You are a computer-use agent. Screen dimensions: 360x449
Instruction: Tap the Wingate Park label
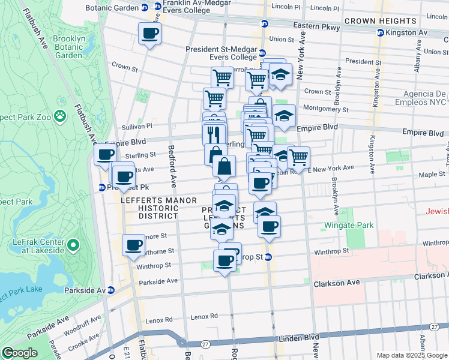pos(348,225)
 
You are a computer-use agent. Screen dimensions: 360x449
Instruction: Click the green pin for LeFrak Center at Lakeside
pos(73,245)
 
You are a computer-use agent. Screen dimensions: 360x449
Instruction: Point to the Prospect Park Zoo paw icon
pos(60,114)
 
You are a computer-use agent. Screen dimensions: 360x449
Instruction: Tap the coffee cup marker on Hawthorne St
pos(133,245)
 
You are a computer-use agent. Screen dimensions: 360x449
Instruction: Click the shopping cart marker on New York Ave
pos(298,158)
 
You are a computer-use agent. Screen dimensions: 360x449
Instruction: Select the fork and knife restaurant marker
pos(214,133)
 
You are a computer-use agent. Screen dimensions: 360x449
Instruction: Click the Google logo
pos(19,353)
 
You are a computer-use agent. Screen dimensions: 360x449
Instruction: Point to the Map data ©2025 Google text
pos(411,355)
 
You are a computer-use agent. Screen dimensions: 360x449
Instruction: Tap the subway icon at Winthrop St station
pos(269,257)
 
